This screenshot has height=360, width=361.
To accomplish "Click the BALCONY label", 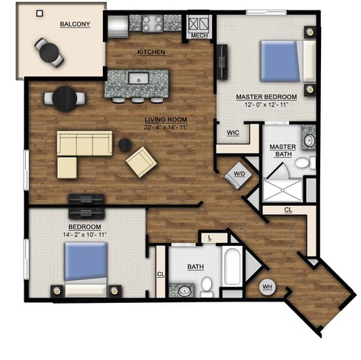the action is (x=75, y=24).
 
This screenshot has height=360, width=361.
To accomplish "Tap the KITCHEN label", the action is (x=151, y=52).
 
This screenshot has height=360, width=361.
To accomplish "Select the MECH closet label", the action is (x=199, y=36).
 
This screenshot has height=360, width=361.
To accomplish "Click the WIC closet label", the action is (x=233, y=133).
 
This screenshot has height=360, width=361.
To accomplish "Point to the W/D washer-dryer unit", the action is (x=239, y=176).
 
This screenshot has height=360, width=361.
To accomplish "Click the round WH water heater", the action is (x=268, y=287).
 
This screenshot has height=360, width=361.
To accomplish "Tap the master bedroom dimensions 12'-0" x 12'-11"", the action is (x=267, y=104).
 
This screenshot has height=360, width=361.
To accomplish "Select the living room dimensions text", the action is (x=166, y=127).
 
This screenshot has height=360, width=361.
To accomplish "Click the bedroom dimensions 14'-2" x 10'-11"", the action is (x=85, y=234).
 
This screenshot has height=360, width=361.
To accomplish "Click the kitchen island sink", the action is (x=139, y=78).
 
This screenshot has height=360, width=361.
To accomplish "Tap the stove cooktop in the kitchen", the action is (x=152, y=23).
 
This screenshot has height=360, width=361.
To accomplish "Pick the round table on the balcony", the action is (x=49, y=52).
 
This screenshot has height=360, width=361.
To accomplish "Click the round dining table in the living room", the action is (x=64, y=99).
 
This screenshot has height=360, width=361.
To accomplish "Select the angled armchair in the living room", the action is (x=142, y=162).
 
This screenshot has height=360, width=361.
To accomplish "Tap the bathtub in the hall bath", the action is (x=232, y=266).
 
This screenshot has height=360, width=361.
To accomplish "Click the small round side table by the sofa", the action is (x=125, y=145).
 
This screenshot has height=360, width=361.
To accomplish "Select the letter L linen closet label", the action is (x=210, y=238).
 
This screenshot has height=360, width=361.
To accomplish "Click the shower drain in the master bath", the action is (x=282, y=190).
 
